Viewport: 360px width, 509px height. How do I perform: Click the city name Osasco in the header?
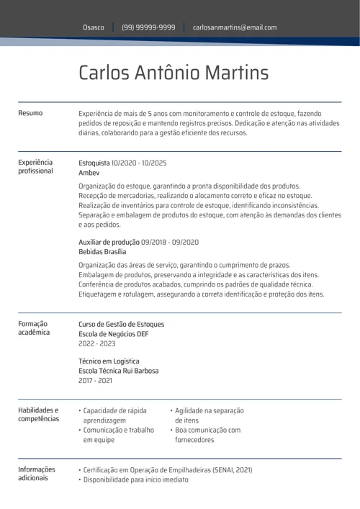point(93,27)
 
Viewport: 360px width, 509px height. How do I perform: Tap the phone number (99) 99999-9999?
point(148,27)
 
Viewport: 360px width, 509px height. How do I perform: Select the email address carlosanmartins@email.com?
point(235,27)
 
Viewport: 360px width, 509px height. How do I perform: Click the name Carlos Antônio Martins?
point(174,73)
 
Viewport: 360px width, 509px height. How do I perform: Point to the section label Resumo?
point(30,113)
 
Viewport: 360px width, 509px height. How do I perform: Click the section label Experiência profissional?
point(35,167)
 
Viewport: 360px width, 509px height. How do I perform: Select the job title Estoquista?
point(94,163)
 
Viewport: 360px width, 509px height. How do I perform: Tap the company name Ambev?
point(89,173)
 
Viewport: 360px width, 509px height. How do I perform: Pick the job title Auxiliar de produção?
point(109,242)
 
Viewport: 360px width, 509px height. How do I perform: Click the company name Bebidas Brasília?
point(102,252)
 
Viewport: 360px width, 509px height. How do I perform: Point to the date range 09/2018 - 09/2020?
point(170,242)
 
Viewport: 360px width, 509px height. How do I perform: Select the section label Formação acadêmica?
point(34,328)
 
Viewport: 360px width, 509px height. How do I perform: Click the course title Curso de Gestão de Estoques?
point(121,324)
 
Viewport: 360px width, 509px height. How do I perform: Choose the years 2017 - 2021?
point(96,380)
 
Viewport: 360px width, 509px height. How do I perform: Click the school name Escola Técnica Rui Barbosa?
point(118,371)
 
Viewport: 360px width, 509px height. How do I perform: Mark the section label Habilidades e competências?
point(38,415)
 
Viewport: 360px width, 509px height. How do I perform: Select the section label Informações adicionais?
point(36,474)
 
